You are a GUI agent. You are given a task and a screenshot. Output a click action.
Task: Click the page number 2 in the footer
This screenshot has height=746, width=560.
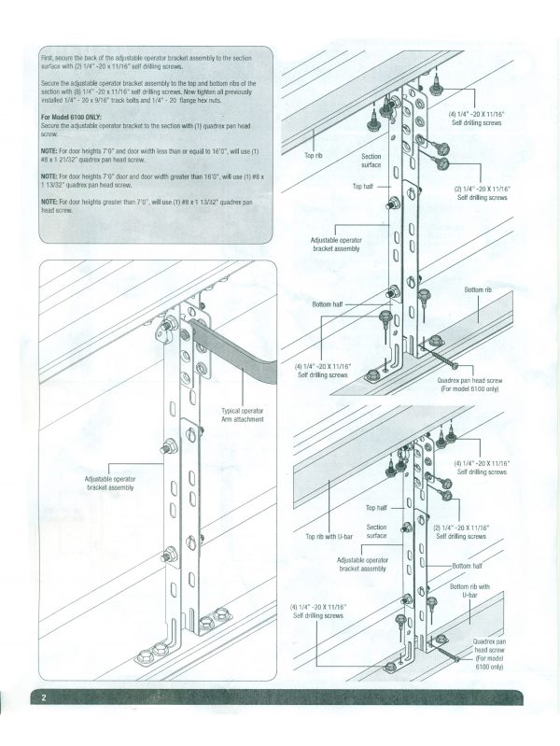pyautogui.click(x=43, y=698)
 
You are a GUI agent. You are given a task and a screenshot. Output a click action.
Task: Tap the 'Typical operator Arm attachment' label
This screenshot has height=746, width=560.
pyautogui.click(x=245, y=415)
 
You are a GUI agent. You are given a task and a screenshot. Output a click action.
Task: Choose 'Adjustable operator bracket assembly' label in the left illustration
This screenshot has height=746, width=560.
pyautogui.click(x=111, y=482)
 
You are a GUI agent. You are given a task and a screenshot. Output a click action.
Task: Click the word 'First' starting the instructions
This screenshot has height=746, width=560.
pyautogui.click(x=49, y=59)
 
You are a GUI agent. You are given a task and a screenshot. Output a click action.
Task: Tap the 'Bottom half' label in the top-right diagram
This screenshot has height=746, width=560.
pyautogui.click(x=330, y=304)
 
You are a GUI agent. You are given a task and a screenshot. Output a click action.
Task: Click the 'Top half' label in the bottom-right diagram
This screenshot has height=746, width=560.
pyautogui.click(x=376, y=508)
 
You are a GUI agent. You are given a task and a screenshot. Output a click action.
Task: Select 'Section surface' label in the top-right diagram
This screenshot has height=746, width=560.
pyautogui.click(x=371, y=162)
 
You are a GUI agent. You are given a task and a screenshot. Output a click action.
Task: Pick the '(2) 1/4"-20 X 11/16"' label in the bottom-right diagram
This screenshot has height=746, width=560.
pyautogui.click(x=460, y=528)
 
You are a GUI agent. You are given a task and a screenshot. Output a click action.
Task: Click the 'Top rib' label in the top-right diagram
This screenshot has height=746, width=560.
pyautogui.click(x=315, y=156)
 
